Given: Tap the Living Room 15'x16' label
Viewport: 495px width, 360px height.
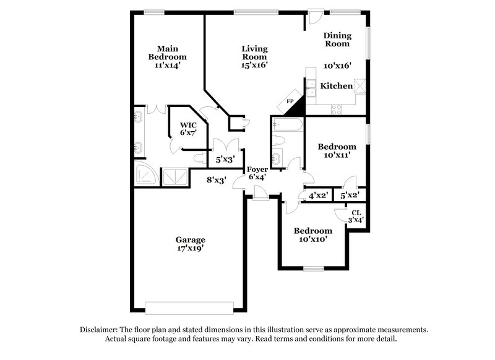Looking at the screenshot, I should pos(254,56).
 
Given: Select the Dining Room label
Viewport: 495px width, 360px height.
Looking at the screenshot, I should pos(337,40).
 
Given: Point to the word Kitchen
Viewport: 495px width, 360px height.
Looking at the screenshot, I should pos(336,86).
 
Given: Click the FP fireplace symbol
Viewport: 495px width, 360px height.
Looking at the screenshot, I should pos(290,102).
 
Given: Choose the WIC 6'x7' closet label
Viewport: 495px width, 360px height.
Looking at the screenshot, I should pos(187,128).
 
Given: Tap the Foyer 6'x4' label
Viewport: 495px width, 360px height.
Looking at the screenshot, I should pos(257,173).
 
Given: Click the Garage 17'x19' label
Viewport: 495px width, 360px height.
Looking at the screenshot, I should pos(190,244).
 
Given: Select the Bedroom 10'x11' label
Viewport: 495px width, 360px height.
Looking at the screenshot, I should pos(337,151).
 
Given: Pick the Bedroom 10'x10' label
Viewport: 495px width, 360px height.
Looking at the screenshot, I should pos(312,234).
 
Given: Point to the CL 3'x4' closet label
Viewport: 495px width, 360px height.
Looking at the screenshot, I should pos(356,216).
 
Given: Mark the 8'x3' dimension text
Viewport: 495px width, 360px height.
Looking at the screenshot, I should pos(216,180).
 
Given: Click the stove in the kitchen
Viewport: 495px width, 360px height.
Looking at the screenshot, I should pos(338,108).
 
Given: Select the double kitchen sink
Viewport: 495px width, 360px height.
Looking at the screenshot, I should pos(312,88).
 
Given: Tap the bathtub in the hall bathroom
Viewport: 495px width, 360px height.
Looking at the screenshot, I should pos(287,126).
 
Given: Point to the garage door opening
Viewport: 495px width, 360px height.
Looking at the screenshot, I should pos(189,306).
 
